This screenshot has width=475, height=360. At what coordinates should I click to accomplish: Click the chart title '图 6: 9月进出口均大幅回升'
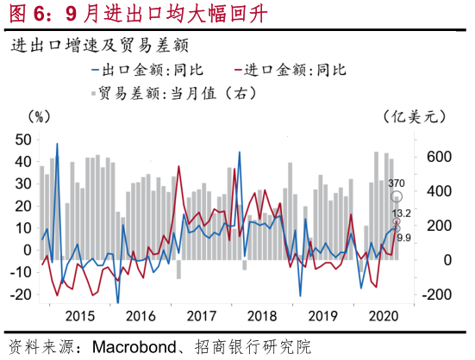pyautogui.click(x=139, y=14)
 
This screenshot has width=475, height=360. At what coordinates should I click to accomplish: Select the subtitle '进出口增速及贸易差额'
pyautogui.click(x=100, y=46)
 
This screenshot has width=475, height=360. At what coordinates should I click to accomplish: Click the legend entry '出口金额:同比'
pyautogui.click(x=147, y=70)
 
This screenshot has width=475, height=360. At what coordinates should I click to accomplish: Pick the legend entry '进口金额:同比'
pyautogui.click(x=290, y=70)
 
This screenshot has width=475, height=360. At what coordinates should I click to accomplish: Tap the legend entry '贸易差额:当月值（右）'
pyautogui.click(x=174, y=93)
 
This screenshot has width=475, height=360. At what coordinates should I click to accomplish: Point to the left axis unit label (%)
pyautogui.click(x=39, y=116)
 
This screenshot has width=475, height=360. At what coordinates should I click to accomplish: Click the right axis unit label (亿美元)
pyautogui.click(x=415, y=116)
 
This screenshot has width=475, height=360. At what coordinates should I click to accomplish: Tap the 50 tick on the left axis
pyautogui.click(x=23, y=140)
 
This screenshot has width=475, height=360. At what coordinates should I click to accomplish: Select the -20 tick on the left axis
pyautogui.click(x=21, y=294)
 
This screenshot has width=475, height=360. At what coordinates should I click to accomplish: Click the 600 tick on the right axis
pyautogui.click(x=439, y=157)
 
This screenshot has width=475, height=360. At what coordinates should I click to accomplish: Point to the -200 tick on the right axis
pyautogui.click(x=435, y=295)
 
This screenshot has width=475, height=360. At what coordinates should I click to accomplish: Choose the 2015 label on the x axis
pyautogui.click(x=80, y=316)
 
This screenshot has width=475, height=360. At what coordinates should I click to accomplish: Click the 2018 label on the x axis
pyautogui.click(x=262, y=316)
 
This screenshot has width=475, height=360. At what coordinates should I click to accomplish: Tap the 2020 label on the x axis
pyautogui.click(x=384, y=316)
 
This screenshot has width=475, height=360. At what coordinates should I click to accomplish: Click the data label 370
pyautogui.click(x=397, y=183)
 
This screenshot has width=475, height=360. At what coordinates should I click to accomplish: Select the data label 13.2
pyautogui.click(x=402, y=214)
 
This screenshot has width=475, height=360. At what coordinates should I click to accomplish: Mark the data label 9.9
pyautogui.click(x=403, y=238)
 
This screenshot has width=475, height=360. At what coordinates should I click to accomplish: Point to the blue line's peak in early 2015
pyautogui.click(x=57, y=144)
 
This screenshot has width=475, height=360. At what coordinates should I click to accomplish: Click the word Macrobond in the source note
pyautogui.click(x=134, y=347)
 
